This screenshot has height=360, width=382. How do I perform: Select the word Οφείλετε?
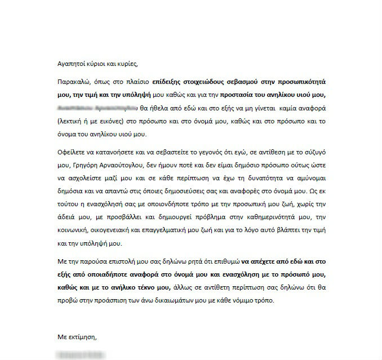point(72,153)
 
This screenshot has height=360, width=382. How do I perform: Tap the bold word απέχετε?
point(263,261)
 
